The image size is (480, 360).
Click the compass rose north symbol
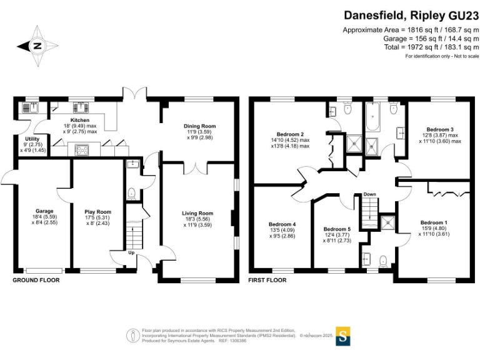37,45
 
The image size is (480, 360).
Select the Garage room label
44,211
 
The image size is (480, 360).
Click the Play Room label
97,211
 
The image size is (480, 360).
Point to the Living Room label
197,214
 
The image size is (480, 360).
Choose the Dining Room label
199,126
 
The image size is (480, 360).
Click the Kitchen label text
80,120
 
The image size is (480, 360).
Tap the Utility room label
32,139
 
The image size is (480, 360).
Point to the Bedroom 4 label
282,224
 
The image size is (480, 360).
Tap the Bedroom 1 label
433,223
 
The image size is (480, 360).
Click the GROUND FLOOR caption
36,281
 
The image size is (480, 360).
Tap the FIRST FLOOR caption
267,281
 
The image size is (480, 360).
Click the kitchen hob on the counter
81,149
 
